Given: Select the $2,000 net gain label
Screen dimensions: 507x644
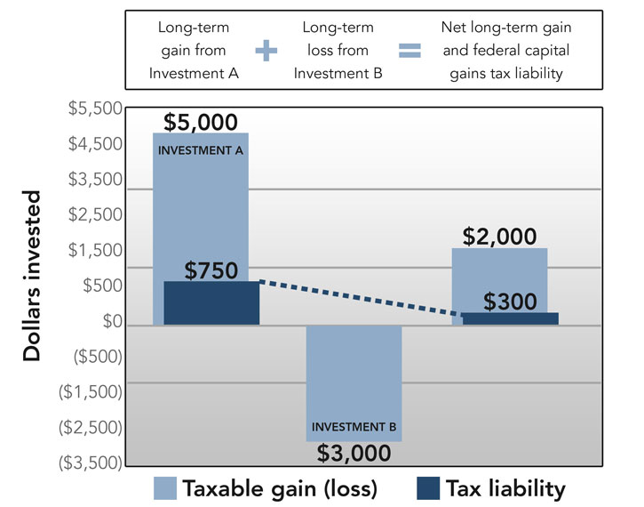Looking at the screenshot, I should coord(499,236).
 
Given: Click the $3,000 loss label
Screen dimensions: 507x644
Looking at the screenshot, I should coord(354,453).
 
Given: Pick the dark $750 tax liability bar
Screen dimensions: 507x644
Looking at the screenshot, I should coord(211,303).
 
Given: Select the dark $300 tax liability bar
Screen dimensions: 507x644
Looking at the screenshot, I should coord(510,318).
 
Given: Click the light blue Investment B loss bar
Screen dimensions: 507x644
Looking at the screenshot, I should coord(354,374).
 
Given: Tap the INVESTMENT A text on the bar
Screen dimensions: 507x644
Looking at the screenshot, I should coord(201,149).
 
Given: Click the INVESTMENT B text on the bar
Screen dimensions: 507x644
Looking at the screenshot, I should coord(354,426).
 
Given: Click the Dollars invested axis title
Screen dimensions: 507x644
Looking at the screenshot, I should coord(33,276).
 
